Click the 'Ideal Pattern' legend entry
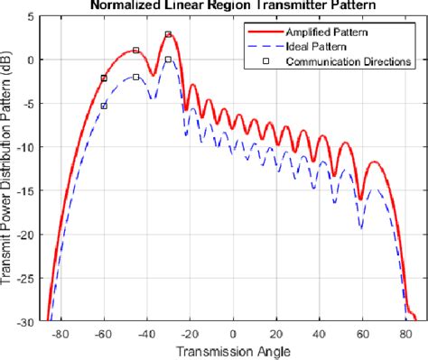311,47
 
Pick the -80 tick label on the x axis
60,333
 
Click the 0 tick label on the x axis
233,333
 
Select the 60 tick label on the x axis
364,333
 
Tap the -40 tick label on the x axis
146,333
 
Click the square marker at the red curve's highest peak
168,34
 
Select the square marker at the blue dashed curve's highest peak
168,60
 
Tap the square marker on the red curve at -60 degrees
104,78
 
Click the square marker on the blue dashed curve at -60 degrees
104,106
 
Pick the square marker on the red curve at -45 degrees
135,51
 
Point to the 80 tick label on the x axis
406,333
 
